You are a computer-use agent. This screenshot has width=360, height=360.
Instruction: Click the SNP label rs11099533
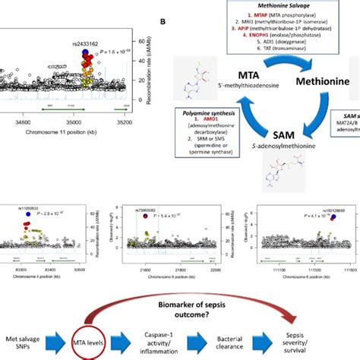[x=24, y=207]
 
